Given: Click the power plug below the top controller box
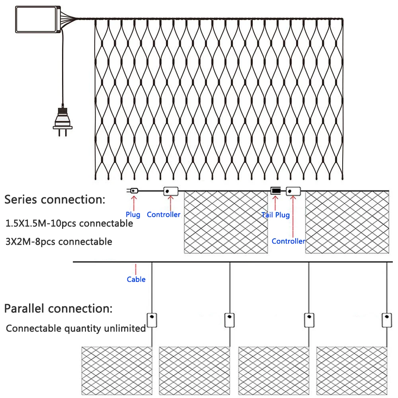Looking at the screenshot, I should (x=63, y=119).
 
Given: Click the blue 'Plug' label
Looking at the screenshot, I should (x=133, y=215).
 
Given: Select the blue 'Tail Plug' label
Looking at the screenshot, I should (x=275, y=215).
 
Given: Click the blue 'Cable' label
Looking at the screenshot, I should (x=136, y=279).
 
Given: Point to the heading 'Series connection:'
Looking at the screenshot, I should (x=55, y=200).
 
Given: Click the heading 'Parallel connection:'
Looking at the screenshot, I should (x=58, y=308).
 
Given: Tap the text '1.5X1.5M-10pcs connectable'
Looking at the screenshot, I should (x=69, y=224).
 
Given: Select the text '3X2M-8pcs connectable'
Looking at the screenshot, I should (x=59, y=242).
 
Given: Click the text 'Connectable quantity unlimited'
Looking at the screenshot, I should (x=76, y=329).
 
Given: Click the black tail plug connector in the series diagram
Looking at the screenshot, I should (x=275, y=191).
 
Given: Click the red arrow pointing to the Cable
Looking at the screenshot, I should (x=136, y=268).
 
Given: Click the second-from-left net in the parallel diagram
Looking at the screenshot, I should (x=194, y=371).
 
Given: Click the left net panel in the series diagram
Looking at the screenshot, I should (x=226, y=222).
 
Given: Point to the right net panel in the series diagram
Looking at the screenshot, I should (x=347, y=222).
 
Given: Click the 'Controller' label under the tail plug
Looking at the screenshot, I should (x=288, y=241).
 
